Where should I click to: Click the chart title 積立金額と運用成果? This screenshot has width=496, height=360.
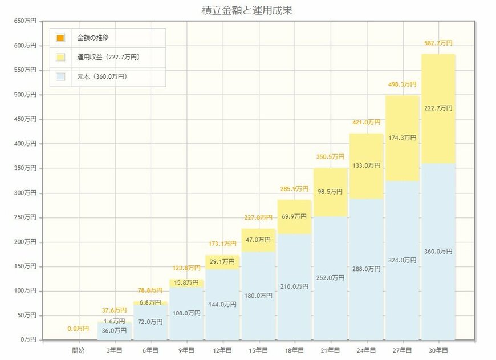[x=247, y=10]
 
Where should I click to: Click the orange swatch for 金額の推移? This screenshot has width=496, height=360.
[x=60, y=38]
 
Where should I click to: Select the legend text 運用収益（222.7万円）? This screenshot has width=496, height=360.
[x=108, y=57]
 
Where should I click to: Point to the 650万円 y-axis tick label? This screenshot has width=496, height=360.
[x=25, y=21]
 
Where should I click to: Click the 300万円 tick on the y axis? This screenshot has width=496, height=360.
[x=25, y=193]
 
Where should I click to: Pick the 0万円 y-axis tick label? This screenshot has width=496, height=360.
[x=27, y=339]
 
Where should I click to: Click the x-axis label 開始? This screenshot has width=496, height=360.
[x=79, y=350]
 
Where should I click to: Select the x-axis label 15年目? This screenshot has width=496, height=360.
[x=258, y=350]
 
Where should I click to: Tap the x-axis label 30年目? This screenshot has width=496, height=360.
[x=438, y=350]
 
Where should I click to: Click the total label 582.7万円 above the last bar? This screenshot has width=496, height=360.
[x=438, y=43]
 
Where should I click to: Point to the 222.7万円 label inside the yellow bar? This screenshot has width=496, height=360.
[x=438, y=108]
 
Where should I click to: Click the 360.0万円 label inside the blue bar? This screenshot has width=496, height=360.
[x=438, y=251]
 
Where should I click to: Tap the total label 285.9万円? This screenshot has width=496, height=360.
[x=294, y=188]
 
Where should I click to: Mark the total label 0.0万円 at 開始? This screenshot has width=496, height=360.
[x=78, y=329]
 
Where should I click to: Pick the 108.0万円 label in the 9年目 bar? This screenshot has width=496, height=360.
[x=186, y=313]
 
